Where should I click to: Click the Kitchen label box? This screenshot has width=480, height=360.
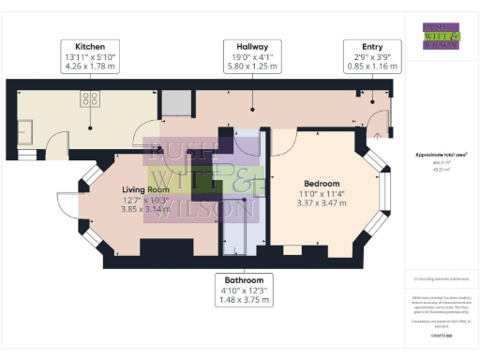90,55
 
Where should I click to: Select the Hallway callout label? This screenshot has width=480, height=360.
252,55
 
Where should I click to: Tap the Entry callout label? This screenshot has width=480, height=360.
373,55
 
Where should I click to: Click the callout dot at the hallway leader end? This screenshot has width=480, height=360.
252,106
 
